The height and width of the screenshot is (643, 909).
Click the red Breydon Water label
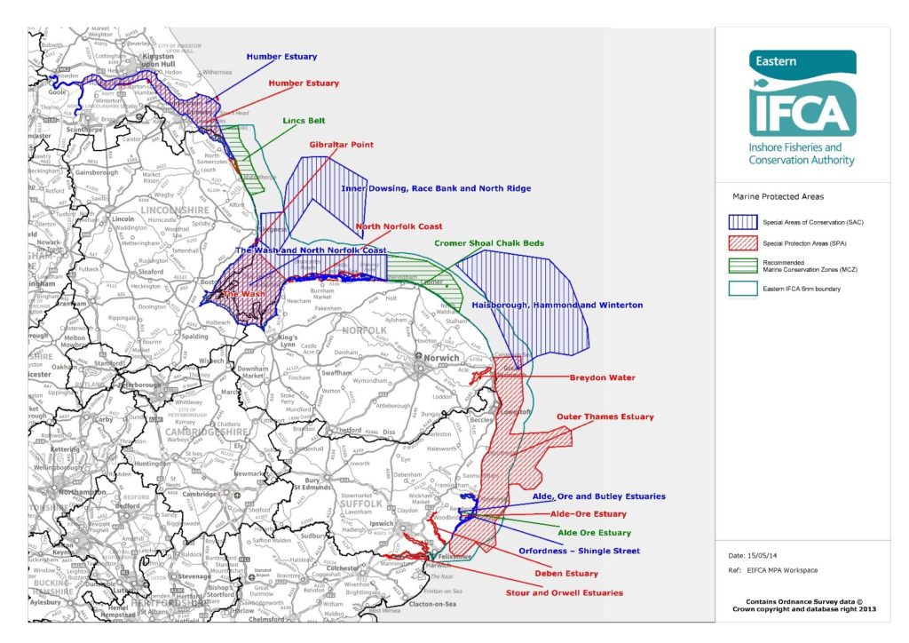pyautogui.click(x=602, y=377)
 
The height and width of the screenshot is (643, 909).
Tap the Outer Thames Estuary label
pyautogui.click(x=605, y=417)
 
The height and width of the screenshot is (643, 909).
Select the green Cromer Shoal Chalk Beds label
pyautogui.click(x=489, y=242)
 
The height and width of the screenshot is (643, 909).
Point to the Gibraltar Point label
pyautogui.click(x=341, y=144)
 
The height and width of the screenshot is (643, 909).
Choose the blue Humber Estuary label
pyautogui.click(x=281, y=57)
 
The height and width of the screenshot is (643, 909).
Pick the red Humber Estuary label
pyautogui.click(x=304, y=83)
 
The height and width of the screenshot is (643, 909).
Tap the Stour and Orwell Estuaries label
pyautogui.click(x=564, y=592)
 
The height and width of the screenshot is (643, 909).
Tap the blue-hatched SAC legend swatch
pyautogui.click(x=741, y=221)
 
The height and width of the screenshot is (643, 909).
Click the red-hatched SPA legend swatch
pyautogui.click(x=741, y=243)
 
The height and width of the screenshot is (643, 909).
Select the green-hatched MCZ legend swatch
pyautogui.click(x=741, y=266)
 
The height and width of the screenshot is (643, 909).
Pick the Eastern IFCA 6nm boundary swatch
pyautogui.click(x=741, y=288)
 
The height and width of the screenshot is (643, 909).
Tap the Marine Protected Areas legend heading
pyautogui.click(x=778, y=196)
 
